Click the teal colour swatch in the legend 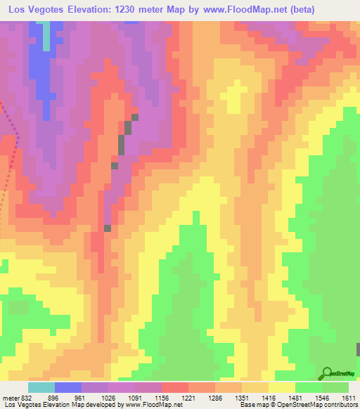coord(41,387)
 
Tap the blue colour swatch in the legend coord(68,387)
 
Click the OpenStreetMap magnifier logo coord(326,374)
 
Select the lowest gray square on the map coord(108,228)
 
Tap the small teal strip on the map coord(47,36)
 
